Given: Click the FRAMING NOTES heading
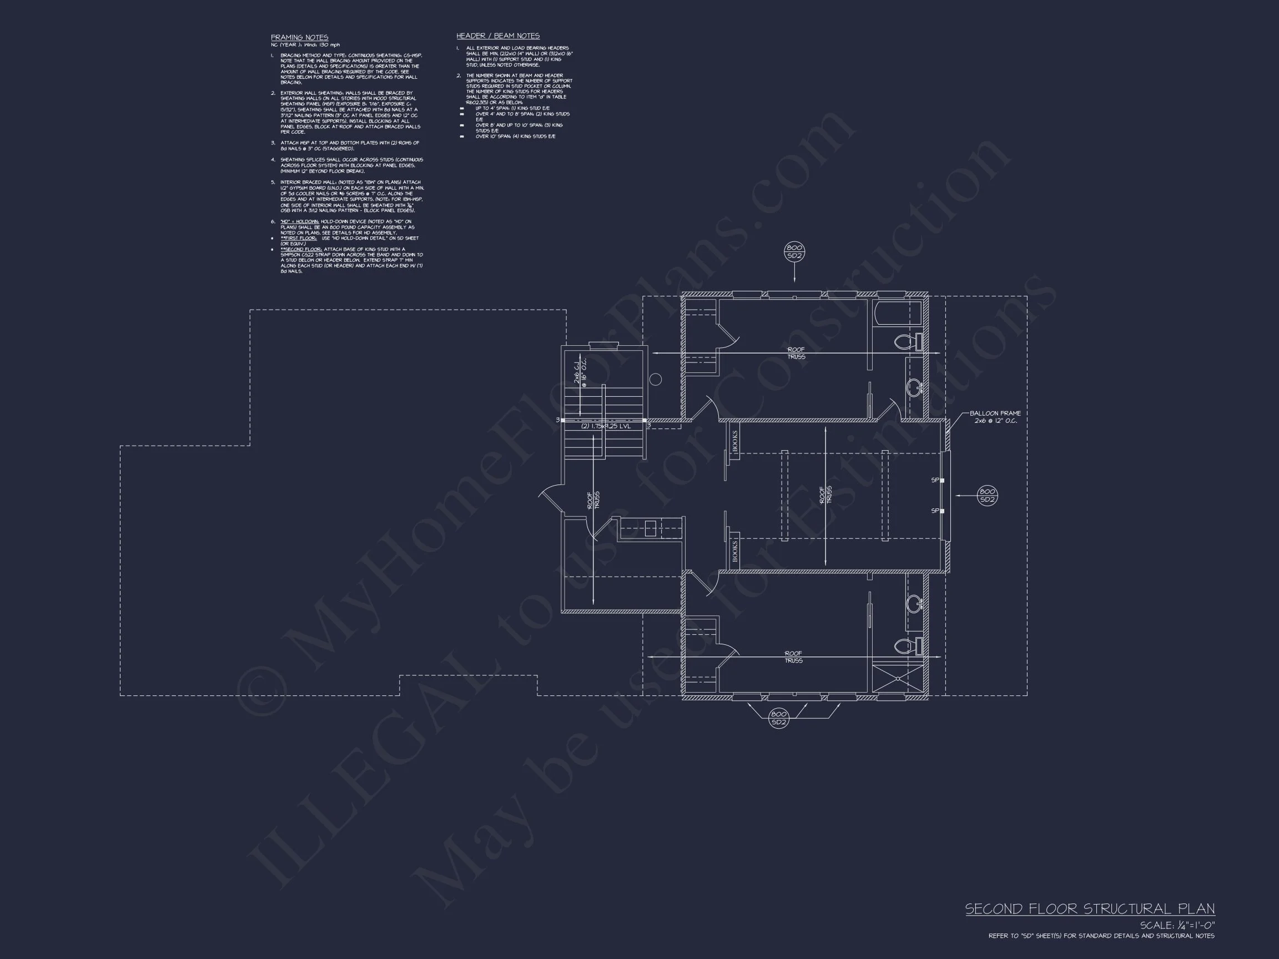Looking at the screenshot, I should (300, 38).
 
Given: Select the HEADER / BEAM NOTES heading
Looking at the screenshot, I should (498, 36).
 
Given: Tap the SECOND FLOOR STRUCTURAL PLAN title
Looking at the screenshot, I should (1090, 909).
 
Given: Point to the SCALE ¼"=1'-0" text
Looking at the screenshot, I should (1177, 926).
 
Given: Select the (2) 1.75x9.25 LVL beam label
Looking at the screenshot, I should (606, 426).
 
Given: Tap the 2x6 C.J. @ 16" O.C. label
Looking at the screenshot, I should (580, 372).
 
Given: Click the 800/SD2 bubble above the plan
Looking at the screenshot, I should (794, 252).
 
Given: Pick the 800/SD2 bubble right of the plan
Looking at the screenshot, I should (987, 496).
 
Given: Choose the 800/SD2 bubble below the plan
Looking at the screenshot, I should (779, 718).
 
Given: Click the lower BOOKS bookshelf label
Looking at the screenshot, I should (735, 551).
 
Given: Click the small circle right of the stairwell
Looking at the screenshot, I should (655, 379).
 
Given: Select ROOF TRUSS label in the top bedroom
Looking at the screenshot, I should (795, 353).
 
